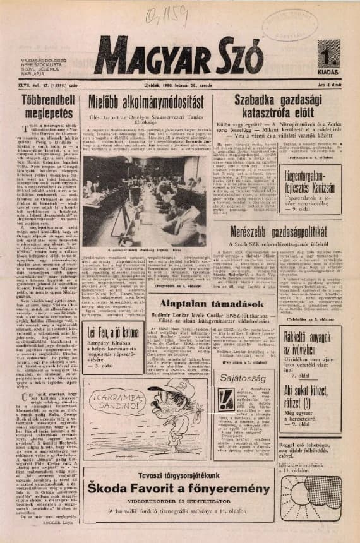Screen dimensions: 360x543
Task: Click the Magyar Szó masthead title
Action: point(178,56)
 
